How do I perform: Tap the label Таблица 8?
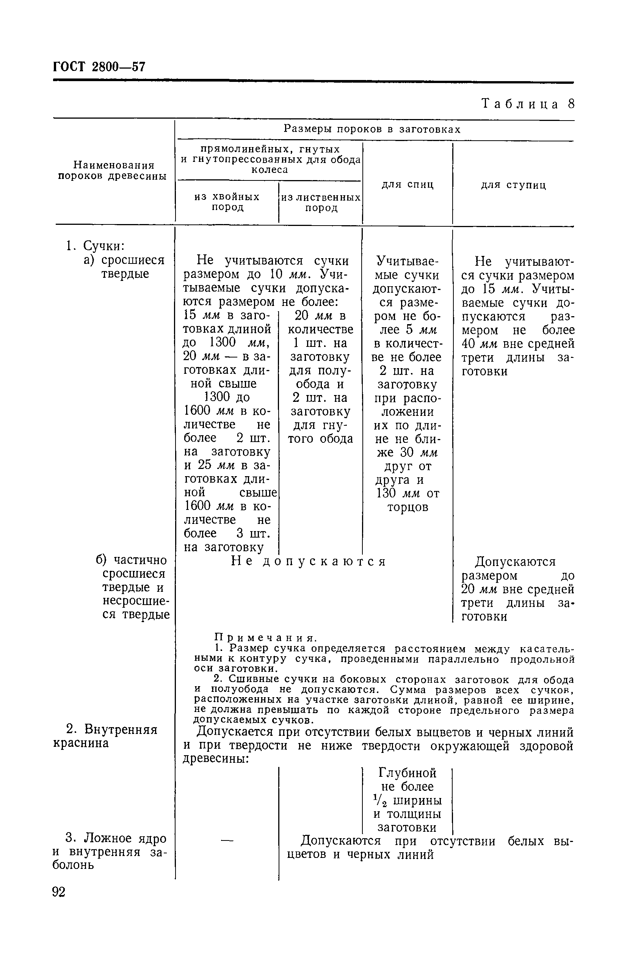point(528,104)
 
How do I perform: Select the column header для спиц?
point(407,184)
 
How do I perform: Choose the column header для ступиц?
point(513,185)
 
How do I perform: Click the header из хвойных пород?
point(227,202)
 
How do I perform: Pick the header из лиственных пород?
point(321,202)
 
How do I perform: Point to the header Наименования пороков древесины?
point(112,170)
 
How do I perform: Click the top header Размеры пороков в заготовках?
point(372,129)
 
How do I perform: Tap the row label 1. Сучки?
point(96,246)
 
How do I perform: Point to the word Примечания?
point(266,638)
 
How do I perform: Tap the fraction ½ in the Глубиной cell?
point(380,800)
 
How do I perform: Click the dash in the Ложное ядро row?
point(227,840)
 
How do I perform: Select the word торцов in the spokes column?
point(408,507)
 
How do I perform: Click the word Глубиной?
point(407,773)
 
